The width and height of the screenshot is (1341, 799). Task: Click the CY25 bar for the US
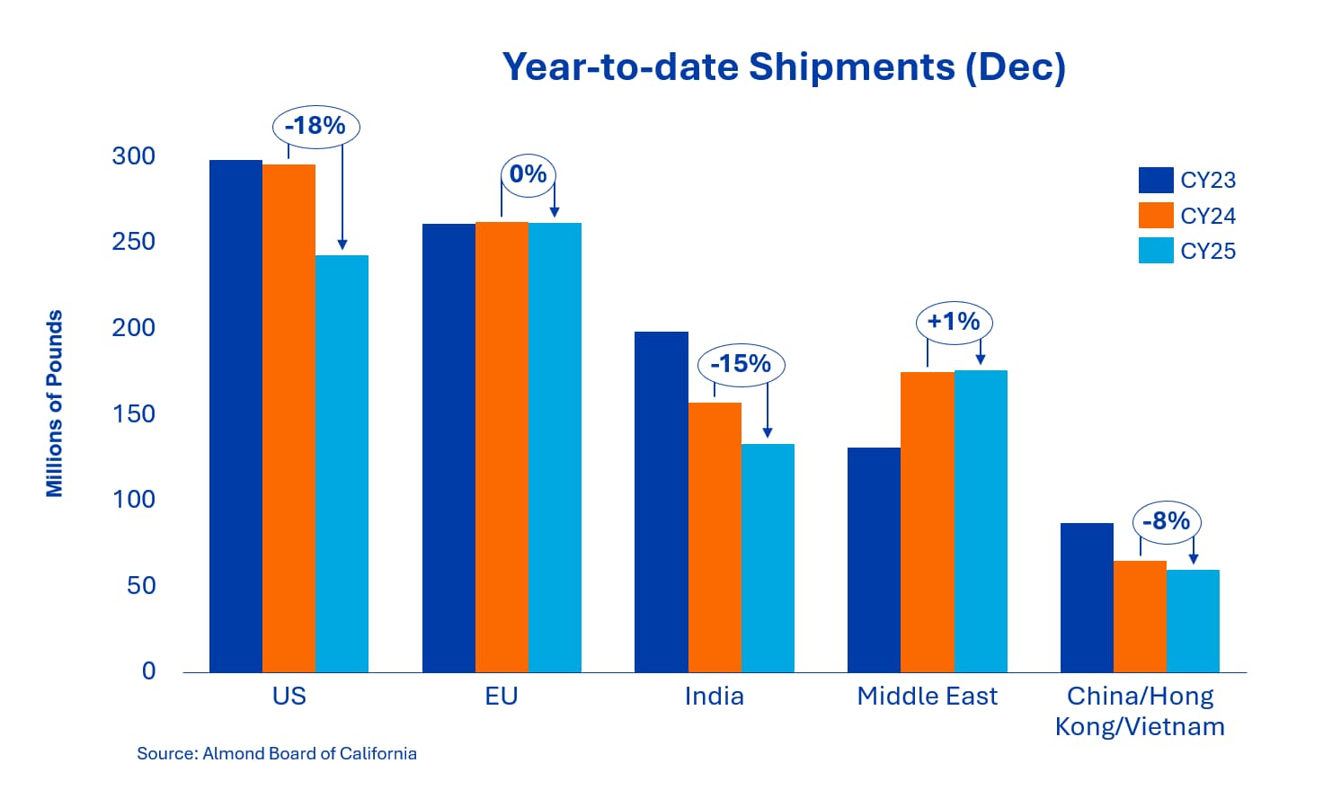click(x=342, y=464)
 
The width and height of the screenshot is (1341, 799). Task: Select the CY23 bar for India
click(x=662, y=502)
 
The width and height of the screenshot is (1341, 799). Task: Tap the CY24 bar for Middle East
click(x=928, y=522)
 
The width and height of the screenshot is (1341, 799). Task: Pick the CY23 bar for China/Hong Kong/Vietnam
click(x=1088, y=598)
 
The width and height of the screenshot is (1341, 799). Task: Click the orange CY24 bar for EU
click(x=502, y=448)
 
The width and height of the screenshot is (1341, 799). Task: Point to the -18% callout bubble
click(x=316, y=127)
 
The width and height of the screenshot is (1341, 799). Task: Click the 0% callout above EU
click(x=528, y=174)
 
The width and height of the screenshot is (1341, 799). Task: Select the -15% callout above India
click(x=742, y=365)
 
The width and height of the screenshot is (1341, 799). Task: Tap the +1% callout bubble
click(x=955, y=323)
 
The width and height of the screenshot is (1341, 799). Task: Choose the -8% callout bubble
click(x=1167, y=522)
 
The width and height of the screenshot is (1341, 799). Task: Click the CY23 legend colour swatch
click(x=1156, y=180)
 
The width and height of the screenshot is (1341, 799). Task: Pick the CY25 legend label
click(x=1208, y=252)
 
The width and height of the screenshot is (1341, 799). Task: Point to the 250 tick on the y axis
click(x=134, y=242)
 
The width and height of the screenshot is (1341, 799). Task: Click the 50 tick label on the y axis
click(x=141, y=586)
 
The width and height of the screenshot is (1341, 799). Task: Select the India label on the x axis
click(x=715, y=697)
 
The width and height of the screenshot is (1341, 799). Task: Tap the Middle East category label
click(x=928, y=697)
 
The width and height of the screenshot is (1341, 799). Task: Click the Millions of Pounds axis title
click(x=55, y=404)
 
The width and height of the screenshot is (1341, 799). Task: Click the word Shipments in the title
click(x=852, y=67)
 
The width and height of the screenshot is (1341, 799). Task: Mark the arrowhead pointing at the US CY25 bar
click(x=342, y=244)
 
